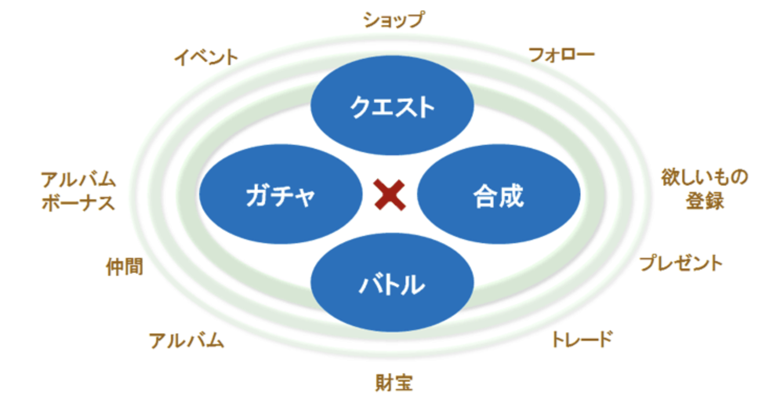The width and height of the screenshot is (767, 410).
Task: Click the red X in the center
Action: (x=390, y=195)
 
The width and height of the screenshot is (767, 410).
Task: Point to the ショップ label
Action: (x=393, y=20)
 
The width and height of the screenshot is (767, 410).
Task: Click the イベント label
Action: (x=206, y=57)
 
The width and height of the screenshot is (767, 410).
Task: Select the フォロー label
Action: (x=561, y=55)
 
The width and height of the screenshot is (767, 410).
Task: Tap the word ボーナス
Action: (x=78, y=203)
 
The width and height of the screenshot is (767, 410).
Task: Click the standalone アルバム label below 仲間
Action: (x=187, y=341)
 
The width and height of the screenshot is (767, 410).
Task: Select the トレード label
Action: (x=582, y=340)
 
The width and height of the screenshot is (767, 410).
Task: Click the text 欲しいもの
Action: (x=704, y=178)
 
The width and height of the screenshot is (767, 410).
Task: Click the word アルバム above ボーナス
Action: (x=78, y=180)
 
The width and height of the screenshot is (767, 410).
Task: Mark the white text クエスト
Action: (x=392, y=107)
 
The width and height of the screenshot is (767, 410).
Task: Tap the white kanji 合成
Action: (x=498, y=197)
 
